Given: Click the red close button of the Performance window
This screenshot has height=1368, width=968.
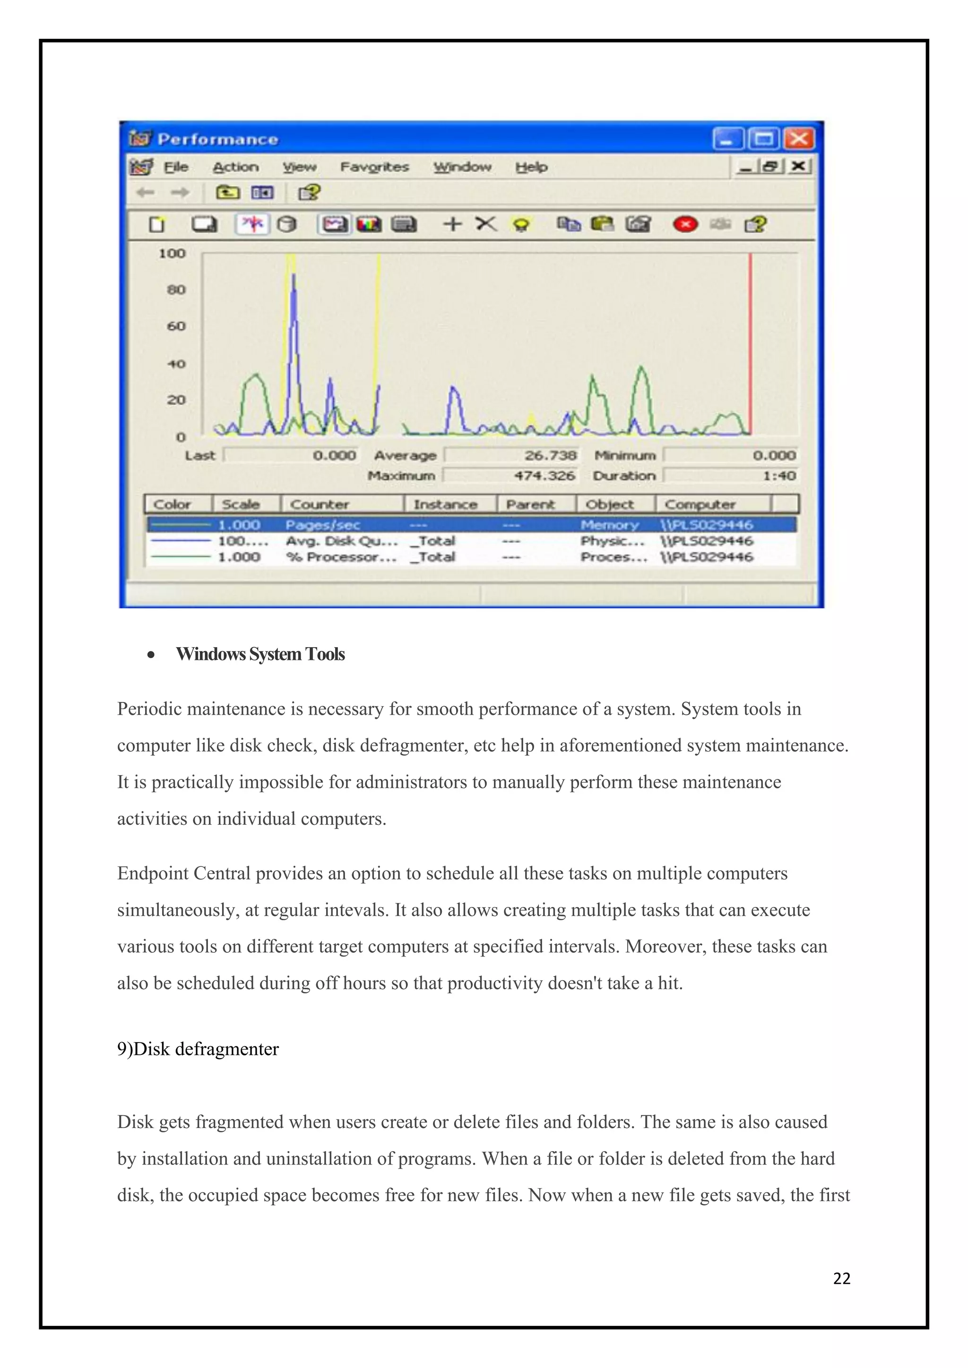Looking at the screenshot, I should click(799, 139).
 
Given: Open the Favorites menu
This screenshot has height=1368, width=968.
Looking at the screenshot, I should click(374, 167).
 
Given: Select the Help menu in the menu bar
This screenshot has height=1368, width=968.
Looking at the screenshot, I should click(531, 167).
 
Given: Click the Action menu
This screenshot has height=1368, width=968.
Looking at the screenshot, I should click(236, 167).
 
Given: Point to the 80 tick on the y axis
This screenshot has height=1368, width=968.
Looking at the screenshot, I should click(176, 290).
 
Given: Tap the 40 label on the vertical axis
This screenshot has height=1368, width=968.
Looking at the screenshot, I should click(176, 363).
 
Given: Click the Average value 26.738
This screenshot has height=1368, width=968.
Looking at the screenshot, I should click(550, 456).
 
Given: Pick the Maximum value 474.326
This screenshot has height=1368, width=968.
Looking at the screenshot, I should click(544, 476).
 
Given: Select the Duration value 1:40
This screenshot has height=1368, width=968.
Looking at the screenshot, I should click(779, 476).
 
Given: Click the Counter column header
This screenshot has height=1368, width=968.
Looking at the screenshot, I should click(320, 504).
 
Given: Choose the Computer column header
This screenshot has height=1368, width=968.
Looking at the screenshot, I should click(700, 504).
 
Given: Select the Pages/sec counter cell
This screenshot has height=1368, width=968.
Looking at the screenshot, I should click(322, 525).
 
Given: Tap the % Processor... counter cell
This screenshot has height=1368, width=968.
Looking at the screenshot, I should click(341, 557).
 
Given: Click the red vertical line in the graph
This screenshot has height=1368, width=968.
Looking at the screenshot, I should click(751, 346).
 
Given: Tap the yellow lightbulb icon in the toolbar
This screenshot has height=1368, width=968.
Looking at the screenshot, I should click(521, 225).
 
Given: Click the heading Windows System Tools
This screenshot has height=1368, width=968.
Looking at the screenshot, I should click(260, 654).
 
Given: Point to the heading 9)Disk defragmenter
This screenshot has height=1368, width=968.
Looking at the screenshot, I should click(198, 1049).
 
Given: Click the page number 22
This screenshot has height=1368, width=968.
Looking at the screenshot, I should click(842, 1279).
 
